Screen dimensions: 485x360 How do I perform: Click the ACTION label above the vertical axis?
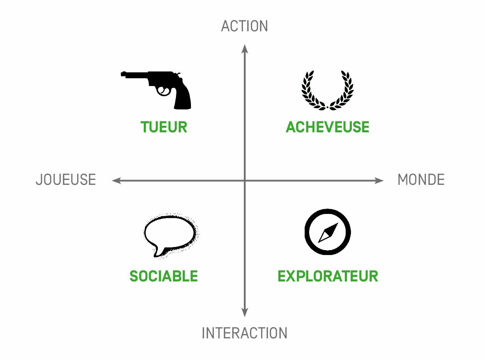[244, 26]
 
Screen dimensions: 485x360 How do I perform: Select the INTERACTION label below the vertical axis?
[244, 333]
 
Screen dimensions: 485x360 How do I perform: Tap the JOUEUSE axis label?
[66, 180]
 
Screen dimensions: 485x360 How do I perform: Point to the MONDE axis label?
[421, 180]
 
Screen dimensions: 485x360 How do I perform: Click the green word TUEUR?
[164, 127]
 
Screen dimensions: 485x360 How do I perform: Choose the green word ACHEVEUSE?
[328, 127]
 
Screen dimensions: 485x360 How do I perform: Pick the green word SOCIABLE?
[164, 276]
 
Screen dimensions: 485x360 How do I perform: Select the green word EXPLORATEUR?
[328, 276]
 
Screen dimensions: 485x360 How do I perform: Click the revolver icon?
[156, 90]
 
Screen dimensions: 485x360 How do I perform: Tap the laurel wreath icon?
[328, 90]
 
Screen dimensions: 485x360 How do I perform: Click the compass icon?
[328, 232]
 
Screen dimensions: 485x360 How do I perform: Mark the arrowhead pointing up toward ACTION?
[245, 49]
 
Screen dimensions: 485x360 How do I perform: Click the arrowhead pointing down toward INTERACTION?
[245, 313]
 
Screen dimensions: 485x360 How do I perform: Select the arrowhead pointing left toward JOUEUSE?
[116, 180]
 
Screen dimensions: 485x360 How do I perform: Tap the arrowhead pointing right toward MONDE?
[379, 180]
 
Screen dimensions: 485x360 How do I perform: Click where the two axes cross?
[245, 180]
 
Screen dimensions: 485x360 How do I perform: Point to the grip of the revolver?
[182, 97]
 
